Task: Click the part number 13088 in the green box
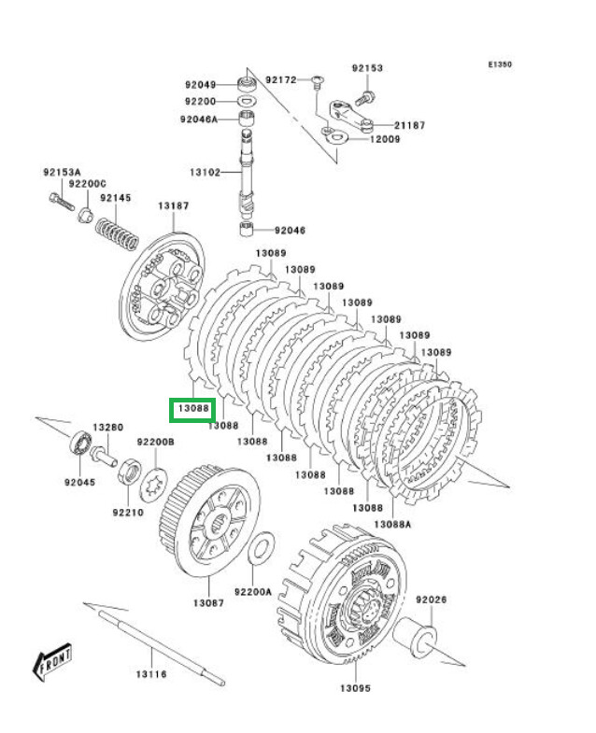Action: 192,408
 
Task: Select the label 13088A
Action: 392,524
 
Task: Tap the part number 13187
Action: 173,205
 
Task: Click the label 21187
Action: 409,125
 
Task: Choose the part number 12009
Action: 384,139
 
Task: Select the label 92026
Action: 433,599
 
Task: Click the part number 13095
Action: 355,688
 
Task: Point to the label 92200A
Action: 252,591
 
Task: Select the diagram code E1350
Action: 500,65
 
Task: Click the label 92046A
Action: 199,119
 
